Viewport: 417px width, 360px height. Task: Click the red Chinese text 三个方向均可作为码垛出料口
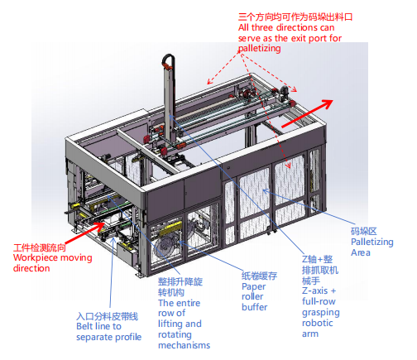click(295, 17)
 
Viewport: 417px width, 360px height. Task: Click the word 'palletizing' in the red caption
click(260, 49)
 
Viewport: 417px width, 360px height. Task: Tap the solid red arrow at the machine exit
click(307, 113)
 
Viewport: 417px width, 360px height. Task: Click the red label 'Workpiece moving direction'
click(52, 263)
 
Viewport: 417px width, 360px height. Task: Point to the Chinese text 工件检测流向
click(40, 247)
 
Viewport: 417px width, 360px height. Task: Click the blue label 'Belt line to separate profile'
click(109, 332)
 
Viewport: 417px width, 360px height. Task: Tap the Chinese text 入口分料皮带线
click(108, 316)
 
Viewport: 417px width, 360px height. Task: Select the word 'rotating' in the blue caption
click(175, 334)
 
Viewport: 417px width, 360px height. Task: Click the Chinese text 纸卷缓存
click(259, 276)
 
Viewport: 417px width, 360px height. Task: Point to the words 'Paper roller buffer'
click(255, 297)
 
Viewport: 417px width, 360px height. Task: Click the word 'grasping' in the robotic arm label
click(321, 313)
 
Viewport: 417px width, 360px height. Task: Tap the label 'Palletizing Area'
click(372, 247)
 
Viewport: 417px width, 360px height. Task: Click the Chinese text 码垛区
click(364, 231)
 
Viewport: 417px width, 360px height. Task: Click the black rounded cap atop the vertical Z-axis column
click(169, 59)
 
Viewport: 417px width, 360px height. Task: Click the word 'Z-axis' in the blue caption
click(314, 291)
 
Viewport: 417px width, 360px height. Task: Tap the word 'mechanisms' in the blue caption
click(184, 345)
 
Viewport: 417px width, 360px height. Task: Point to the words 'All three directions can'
click(286, 27)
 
